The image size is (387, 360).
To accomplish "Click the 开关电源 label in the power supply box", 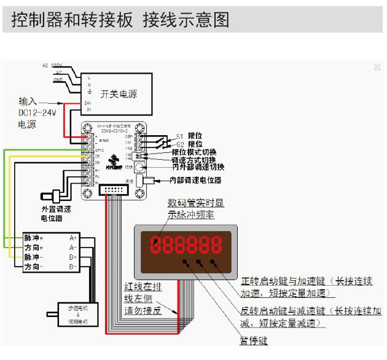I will pyautogui.click(x=119, y=94).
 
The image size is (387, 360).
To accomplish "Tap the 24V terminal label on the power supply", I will pyautogui.click(x=88, y=103).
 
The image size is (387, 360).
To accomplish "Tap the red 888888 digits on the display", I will pyautogui.click(x=184, y=246).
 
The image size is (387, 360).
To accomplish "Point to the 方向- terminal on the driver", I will pyautogui.click(x=33, y=268).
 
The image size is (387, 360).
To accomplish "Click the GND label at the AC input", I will pyautogui.click(x=58, y=79).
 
